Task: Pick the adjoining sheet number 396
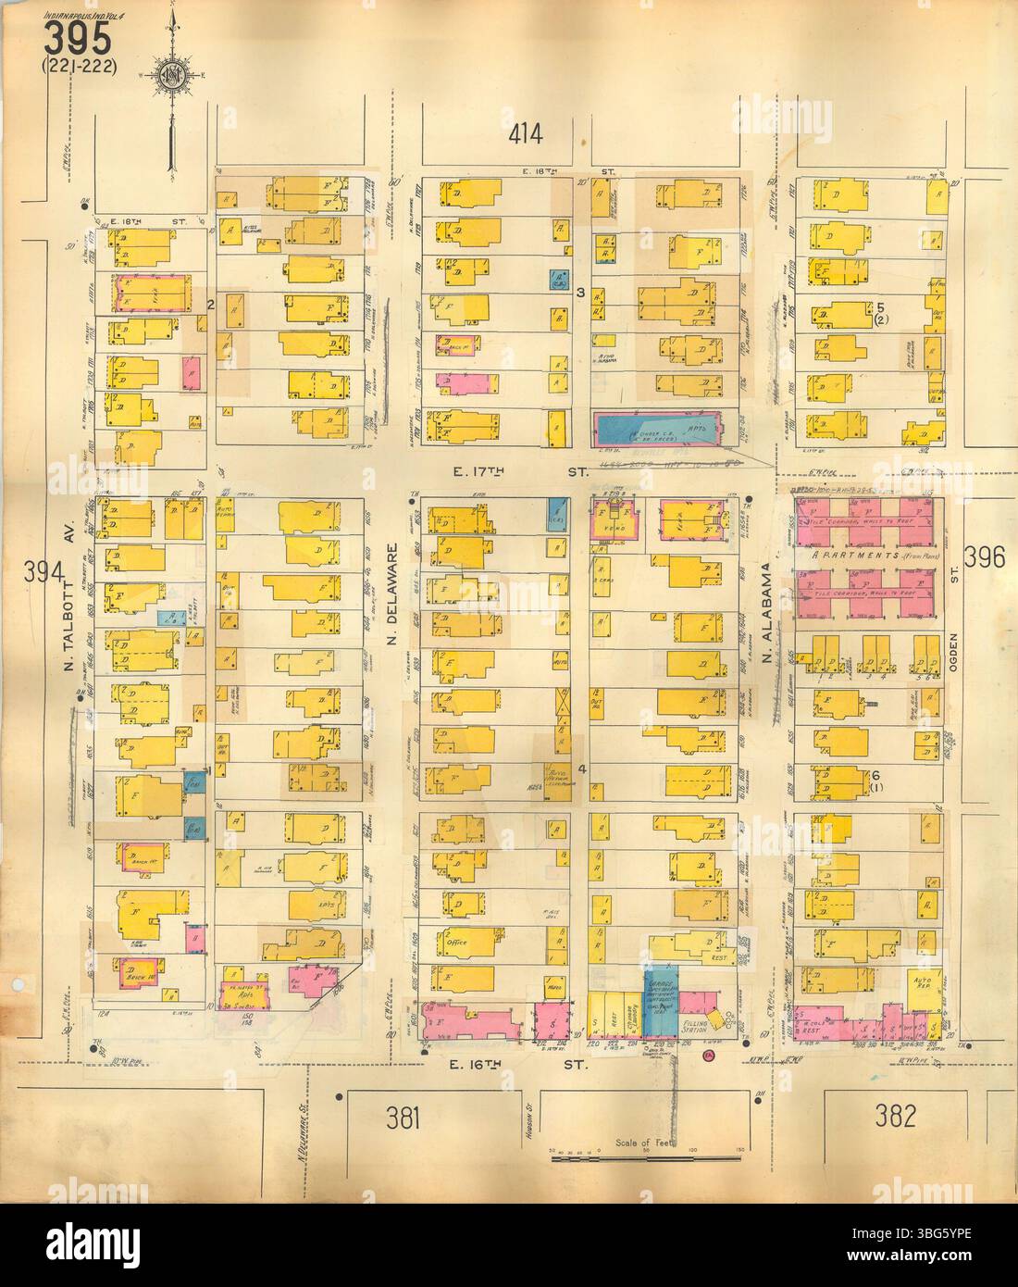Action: (x=989, y=556)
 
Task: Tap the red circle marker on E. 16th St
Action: (x=708, y=1054)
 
